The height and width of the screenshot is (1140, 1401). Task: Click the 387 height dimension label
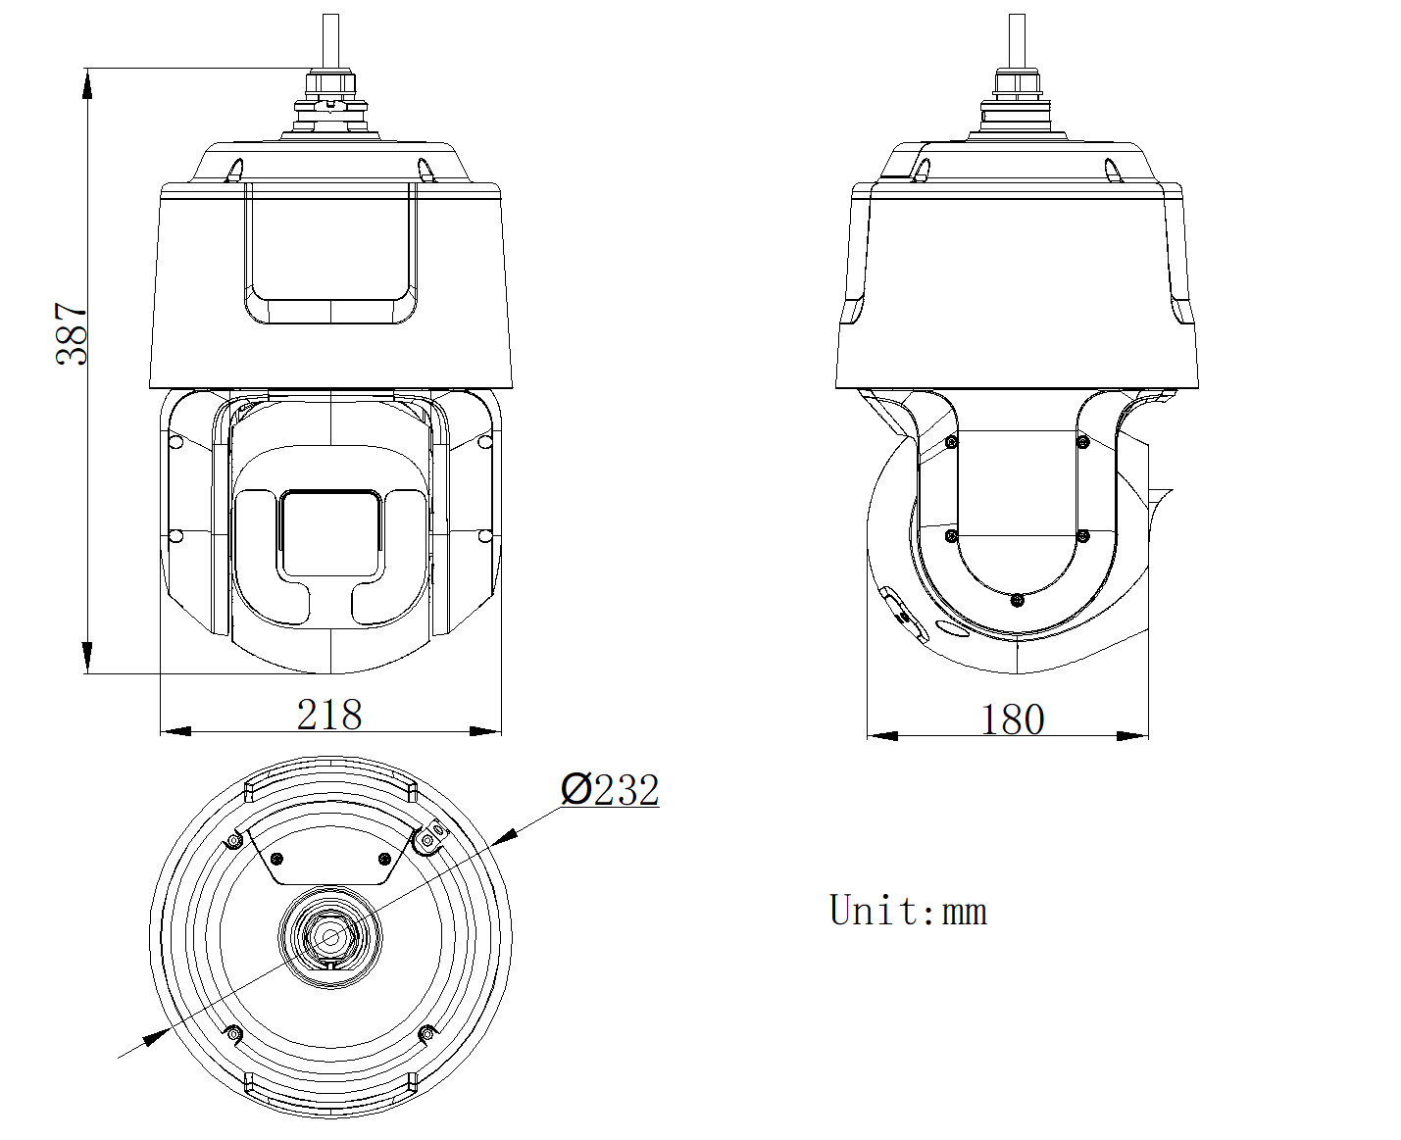coord(72,333)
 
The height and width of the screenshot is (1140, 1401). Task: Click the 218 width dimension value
coord(329,715)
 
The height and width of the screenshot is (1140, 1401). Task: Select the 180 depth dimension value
coord(1012,719)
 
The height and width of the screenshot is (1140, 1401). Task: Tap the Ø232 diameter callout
coord(610,789)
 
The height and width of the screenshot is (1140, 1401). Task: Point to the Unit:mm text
coord(908,911)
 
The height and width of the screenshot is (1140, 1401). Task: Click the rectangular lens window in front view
coord(330,533)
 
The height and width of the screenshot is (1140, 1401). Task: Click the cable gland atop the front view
coord(330,93)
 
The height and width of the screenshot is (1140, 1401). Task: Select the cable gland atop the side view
coord(1017,93)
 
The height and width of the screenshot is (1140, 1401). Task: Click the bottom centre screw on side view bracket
coord(1017,599)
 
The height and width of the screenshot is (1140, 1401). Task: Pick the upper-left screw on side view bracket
coord(950,443)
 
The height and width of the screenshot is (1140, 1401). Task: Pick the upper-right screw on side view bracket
coord(1083,443)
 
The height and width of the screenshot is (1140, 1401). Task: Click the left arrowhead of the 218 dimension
coord(175,731)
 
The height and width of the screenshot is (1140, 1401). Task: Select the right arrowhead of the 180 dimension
coord(1133,735)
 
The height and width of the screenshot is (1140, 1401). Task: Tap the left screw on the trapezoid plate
coord(277,859)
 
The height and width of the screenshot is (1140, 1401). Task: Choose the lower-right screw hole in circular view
coord(425,1033)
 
